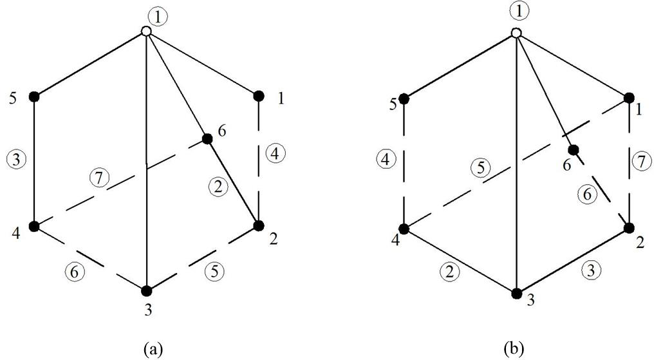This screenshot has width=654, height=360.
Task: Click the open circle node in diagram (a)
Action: tap(147, 31)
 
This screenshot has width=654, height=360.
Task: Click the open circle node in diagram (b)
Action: tap(516, 33)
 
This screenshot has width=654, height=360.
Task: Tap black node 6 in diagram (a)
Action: tap(207, 138)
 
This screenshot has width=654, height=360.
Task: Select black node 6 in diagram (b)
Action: tap(574, 149)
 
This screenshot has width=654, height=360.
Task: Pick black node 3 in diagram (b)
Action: tap(516, 294)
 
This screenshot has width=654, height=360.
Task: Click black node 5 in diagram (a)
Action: tap(35, 97)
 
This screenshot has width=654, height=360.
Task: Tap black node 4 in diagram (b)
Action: tap(404, 229)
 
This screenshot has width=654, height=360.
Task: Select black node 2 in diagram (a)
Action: tap(258, 225)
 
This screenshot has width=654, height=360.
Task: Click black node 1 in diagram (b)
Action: tap(628, 99)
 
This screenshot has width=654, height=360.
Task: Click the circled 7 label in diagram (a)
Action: tap(98, 178)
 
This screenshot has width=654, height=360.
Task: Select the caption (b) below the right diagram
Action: tap(514, 348)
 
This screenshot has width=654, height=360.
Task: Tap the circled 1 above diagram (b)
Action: tap(515, 11)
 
